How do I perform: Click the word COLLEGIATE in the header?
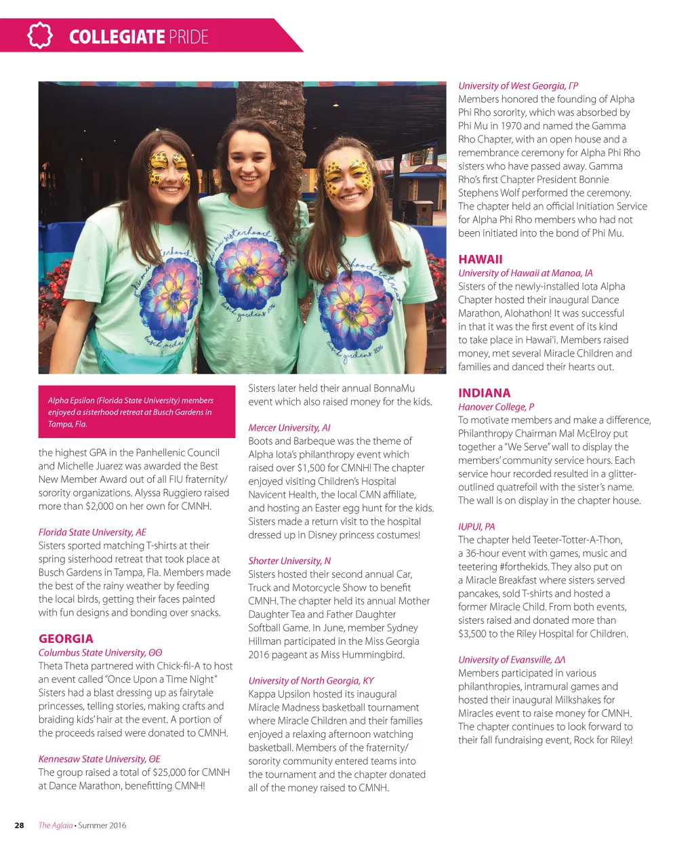pyautogui.click(x=117, y=37)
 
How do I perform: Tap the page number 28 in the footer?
pyautogui.click(x=19, y=825)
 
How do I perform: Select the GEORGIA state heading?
pyautogui.click(x=66, y=639)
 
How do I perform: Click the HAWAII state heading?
pyautogui.click(x=480, y=259)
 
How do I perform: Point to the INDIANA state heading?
pyautogui.click(x=484, y=393)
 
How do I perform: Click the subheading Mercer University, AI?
pyautogui.click(x=289, y=428)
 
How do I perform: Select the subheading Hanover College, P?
pyautogui.click(x=495, y=407)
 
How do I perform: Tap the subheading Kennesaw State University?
pyautogui.click(x=99, y=759)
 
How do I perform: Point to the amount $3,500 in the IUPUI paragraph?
pyautogui.click(x=475, y=634)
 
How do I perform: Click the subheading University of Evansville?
pyautogui.click(x=511, y=660)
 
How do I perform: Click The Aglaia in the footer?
pyautogui.click(x=55, y=825)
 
